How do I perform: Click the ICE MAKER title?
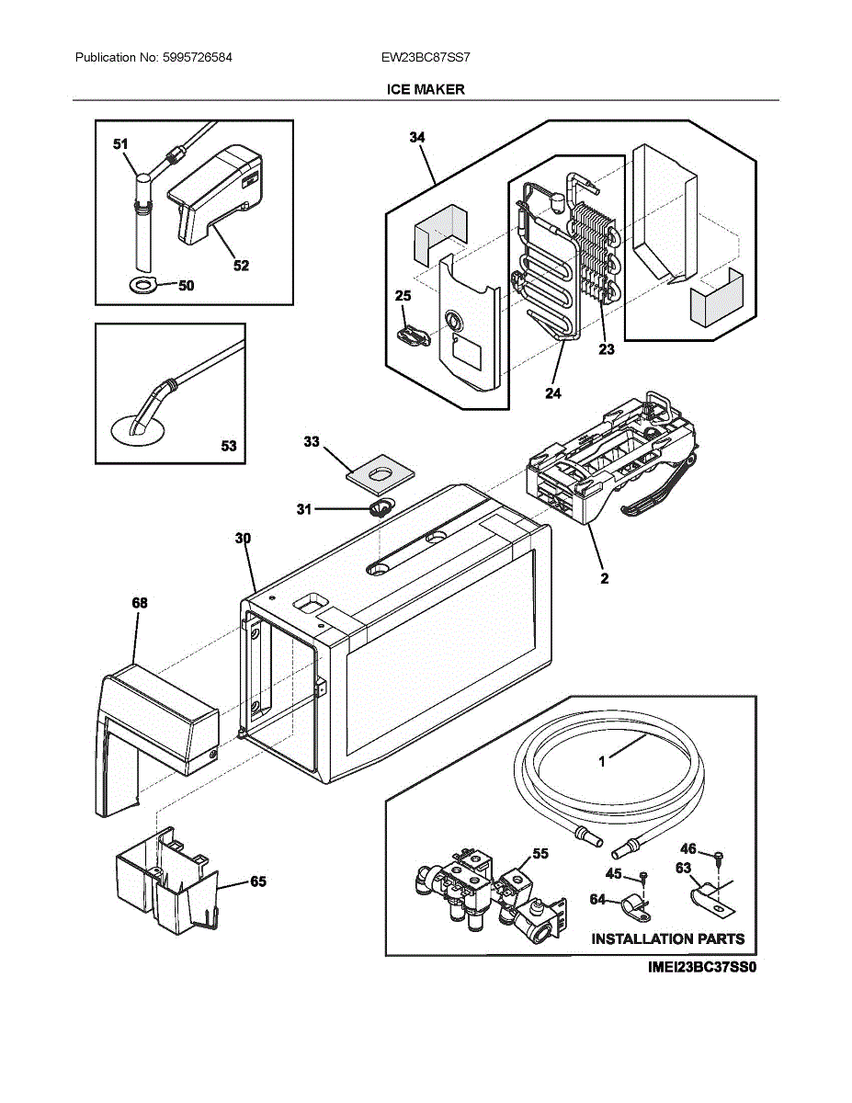tap(426, 89)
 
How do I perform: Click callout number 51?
tap(120, 144)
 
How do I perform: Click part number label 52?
tap(241, 266)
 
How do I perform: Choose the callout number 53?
tap(228, 446)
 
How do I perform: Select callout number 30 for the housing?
tap(242, 538)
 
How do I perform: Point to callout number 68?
tap(139, 603)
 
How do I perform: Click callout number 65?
tap(258, 881)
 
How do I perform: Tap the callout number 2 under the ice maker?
tap(604, 579)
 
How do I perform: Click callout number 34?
tap(416, 137)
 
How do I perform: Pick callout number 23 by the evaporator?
tap(606, 348)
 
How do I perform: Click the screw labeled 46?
tap(719, 856)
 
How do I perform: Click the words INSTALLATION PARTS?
tap(667, 938)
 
